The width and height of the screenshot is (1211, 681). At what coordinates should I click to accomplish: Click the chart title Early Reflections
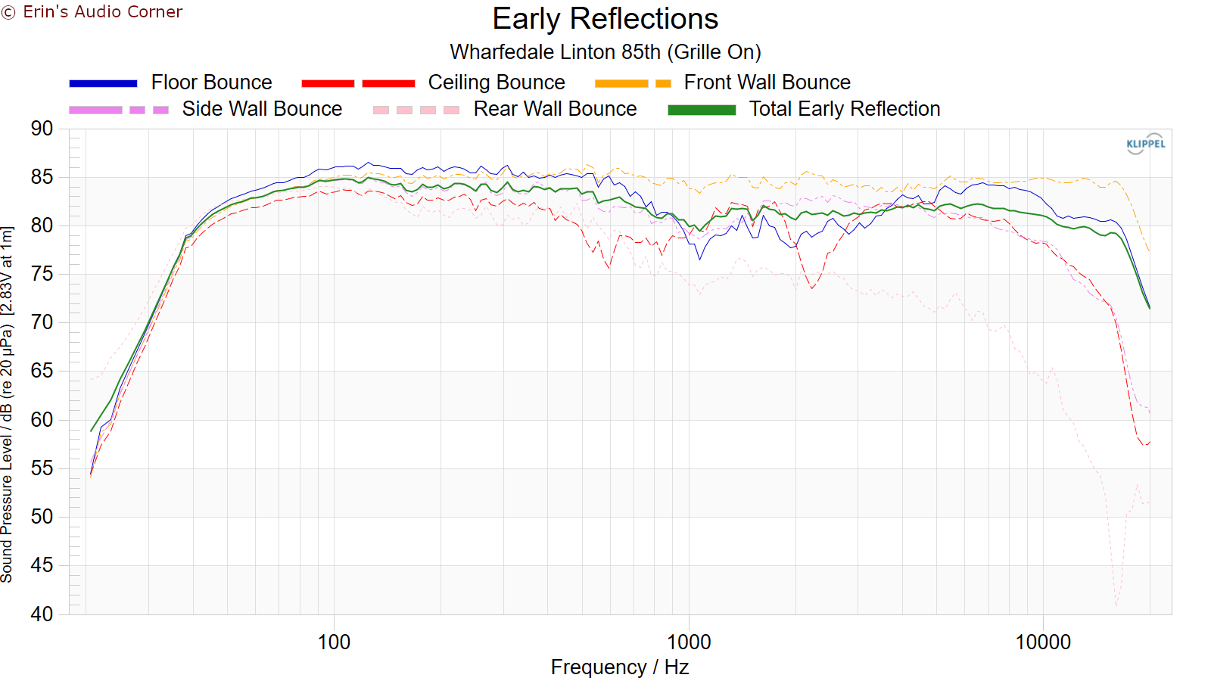(605, 19)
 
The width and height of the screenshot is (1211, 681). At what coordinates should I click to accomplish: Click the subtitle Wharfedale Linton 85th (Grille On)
(605, 52)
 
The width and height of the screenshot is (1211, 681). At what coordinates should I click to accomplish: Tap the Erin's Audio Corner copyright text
(92, 12)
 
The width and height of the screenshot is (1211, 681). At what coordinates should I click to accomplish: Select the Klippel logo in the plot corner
(1145, 144)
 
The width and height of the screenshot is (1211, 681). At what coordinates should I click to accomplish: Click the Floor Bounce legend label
(211, 82)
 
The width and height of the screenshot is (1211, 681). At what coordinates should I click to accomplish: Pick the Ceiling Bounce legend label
(496, 82)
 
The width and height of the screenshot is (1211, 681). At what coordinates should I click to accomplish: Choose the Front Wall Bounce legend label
(767, 82)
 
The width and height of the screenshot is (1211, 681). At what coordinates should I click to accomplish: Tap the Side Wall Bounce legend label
(262, 109)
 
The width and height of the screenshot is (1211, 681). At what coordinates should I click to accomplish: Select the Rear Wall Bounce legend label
(555, 109)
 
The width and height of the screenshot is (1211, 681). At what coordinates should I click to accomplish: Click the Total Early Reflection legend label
(844, 109)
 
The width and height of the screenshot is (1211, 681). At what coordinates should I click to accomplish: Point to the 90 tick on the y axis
(42, 129)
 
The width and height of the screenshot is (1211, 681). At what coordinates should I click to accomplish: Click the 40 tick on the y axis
(42, 614)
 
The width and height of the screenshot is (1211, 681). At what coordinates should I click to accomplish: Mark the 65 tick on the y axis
(42, 371)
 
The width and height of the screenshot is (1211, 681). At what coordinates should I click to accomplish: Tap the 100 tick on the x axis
(334, 642)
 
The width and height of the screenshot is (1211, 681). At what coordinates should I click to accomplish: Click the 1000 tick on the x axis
(689, 642)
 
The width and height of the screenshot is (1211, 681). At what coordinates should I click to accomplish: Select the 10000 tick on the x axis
(1043, 642)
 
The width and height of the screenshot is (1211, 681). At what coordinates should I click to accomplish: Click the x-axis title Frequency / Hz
(619, 667)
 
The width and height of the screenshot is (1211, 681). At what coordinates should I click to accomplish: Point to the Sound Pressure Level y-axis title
(8, 404)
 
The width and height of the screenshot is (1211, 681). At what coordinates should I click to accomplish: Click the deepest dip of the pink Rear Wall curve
(1116, 605)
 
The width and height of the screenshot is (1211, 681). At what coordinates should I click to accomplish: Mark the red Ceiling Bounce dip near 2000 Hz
(812, 288)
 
